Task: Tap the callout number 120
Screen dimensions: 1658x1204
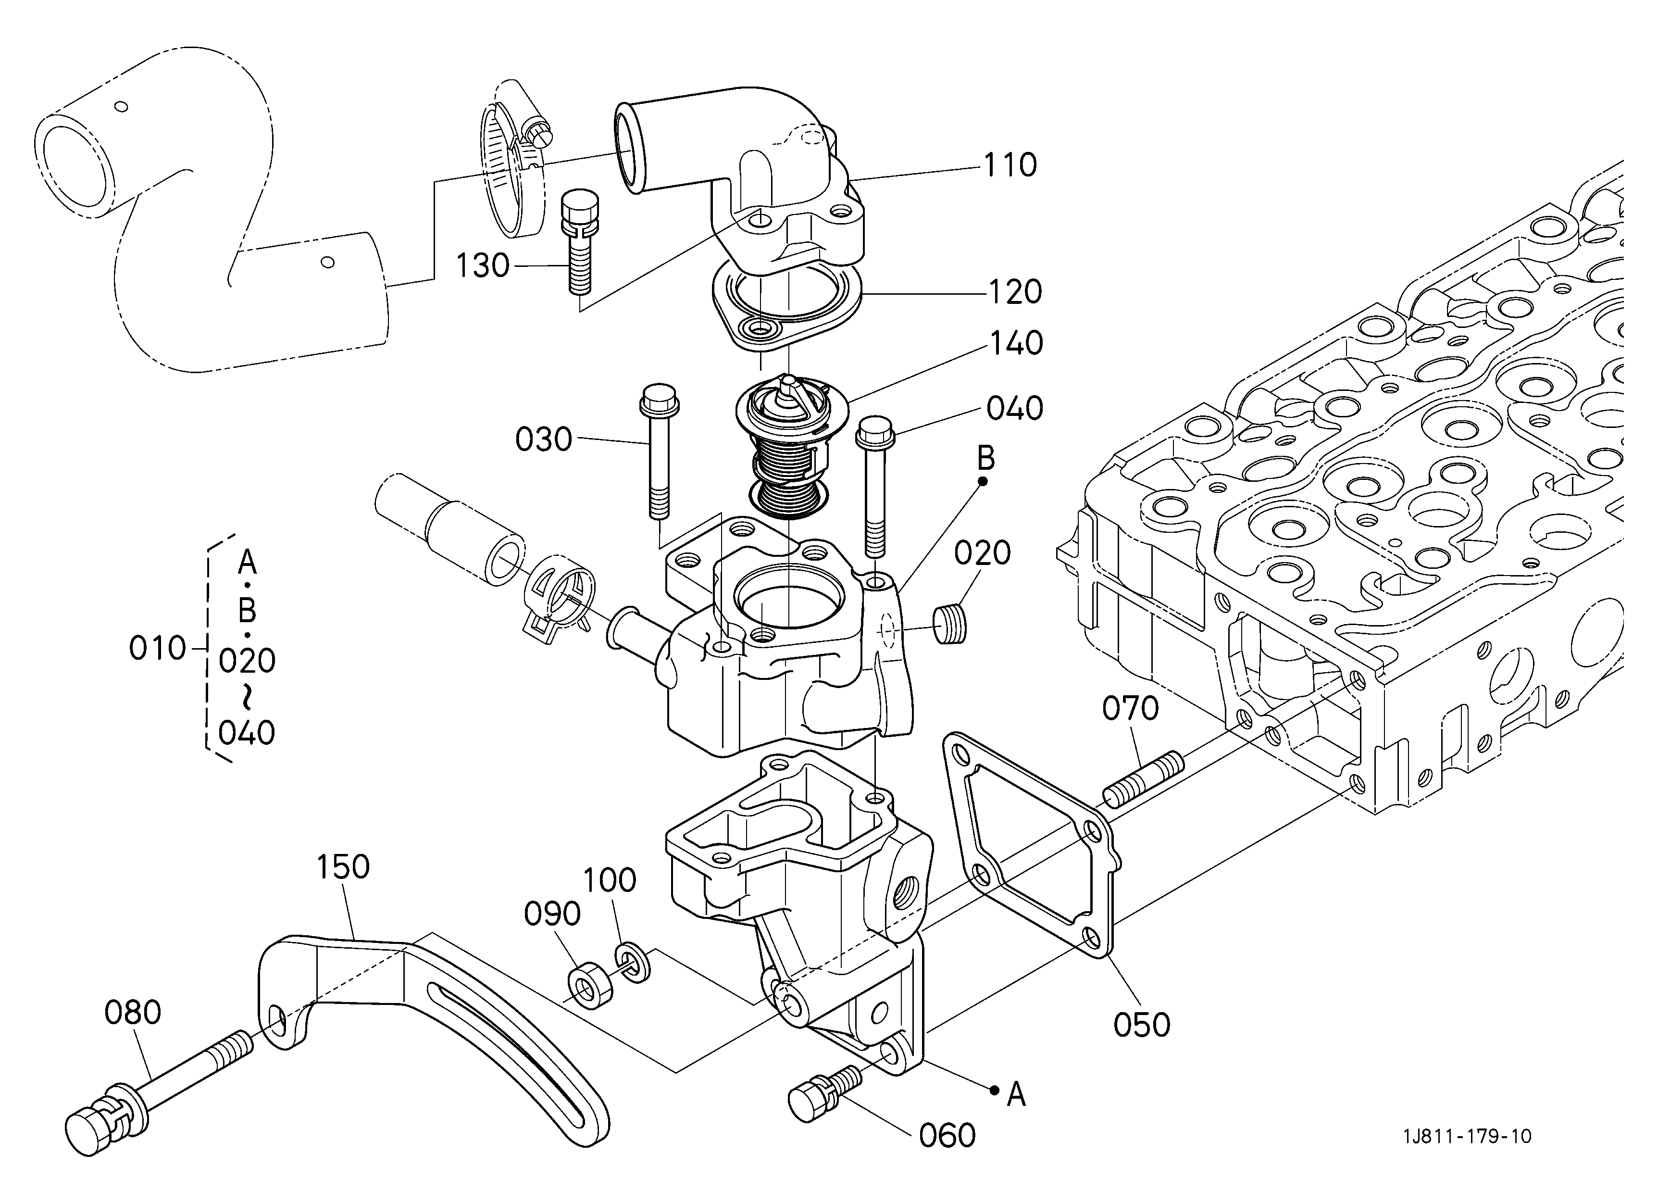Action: pos(1015,292)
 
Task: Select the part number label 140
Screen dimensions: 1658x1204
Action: pos(1016,343)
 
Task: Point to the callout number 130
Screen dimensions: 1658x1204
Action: pos(483,265)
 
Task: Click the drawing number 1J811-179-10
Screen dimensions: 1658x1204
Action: pos(1467,1136)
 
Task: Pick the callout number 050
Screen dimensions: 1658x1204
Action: pos(1142,1024)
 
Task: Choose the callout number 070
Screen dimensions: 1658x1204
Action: pos(1130,708)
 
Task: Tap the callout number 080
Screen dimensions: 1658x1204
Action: pos(132,1013)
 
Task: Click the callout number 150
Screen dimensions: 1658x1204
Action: pos(343,866)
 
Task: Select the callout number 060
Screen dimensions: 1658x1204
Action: pos(947,1135)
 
